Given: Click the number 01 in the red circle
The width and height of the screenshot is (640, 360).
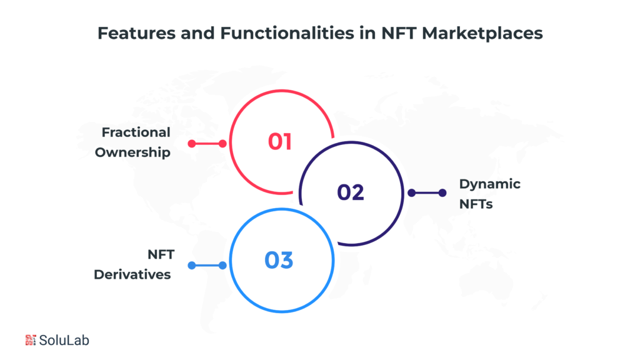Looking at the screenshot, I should tap(280, 141).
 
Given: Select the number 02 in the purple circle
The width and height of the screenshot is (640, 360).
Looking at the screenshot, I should tap(350, 192).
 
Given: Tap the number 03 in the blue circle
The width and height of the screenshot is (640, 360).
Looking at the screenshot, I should tap(279, 259).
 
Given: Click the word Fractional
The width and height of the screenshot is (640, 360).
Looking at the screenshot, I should tap(136, 132).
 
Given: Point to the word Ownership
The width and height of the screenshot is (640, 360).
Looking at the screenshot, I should tap(132, 152).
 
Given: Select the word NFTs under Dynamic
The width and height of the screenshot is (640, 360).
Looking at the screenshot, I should tap(476, 204).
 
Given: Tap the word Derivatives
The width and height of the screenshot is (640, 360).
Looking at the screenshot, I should tap(132, 274).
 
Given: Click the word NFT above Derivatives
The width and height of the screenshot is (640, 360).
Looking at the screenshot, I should tap(160, 254).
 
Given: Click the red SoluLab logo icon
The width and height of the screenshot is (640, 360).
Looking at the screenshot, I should tap(31, 340).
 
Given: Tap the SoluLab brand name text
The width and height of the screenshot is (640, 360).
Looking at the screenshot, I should tap(64, 340).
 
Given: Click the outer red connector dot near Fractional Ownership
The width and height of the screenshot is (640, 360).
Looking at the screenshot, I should tap(191, 144).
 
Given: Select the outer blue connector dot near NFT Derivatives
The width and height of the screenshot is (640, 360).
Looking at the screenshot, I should tap(191, 266).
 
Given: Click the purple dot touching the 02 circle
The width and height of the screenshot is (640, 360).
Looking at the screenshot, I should tap(411, 193).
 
